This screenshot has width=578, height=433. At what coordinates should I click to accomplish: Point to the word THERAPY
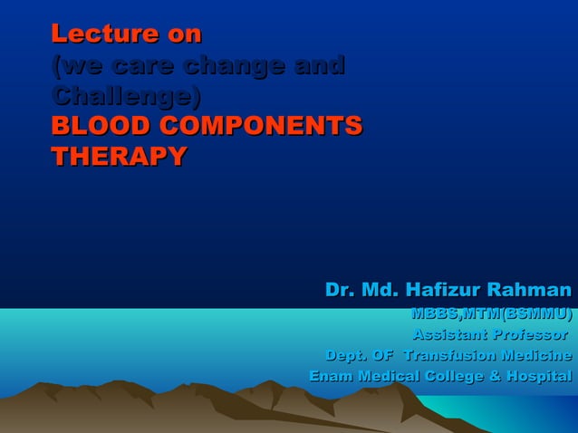119,157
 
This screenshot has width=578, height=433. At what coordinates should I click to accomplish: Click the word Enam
332,376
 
